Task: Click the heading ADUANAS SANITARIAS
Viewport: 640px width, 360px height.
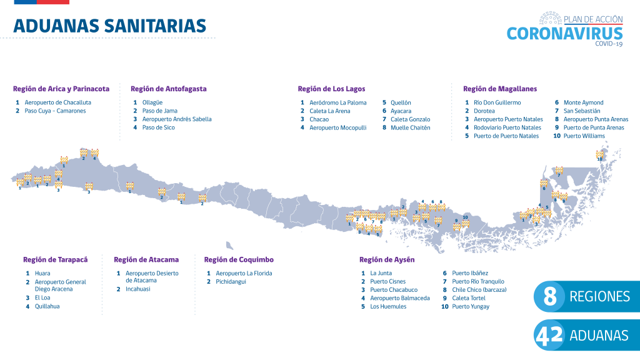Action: pyautogui.click(x=109, y=26)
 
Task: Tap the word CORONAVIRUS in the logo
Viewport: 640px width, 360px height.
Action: pyautogui.click(x=564, y=34)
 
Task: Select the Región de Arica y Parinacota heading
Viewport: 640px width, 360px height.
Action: pyautogui.click(x=61, y=89)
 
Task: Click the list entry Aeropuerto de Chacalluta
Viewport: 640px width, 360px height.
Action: pyautogui.click(x=57, y=102)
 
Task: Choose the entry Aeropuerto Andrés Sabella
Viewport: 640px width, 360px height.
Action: pyautogui.click(x=177, y=119)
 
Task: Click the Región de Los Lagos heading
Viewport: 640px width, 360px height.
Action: pyautogui.click(x=331, y=89)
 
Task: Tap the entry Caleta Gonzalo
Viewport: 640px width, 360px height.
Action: pyautogui.click(x=411, y=119)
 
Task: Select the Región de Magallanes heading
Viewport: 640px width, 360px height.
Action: pyautogui.click(x=500, y=89)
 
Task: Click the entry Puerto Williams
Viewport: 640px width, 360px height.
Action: pyautogui.click(x=584, y=136)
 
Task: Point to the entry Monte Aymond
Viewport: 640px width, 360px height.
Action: pyautogui.click(x=584, y=102)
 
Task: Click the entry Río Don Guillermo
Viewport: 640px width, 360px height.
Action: pyautogui.click(x=497, y=102)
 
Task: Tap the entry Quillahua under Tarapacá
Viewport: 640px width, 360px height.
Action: pyautogui.click(x=47, y=306)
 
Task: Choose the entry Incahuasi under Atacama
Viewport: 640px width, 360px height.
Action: pyautogui.click(x=138, y=289)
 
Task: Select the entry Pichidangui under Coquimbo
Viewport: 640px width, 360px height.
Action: pyautogui.click(x=231, y=282)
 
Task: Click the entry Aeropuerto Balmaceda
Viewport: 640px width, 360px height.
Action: pyautogui.click(x=400, y=298)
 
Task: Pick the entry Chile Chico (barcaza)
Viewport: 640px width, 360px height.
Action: pyautogui.click(x=479, y=290)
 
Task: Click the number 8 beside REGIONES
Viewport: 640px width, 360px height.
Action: pyautogui.click(x=550, y=297)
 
